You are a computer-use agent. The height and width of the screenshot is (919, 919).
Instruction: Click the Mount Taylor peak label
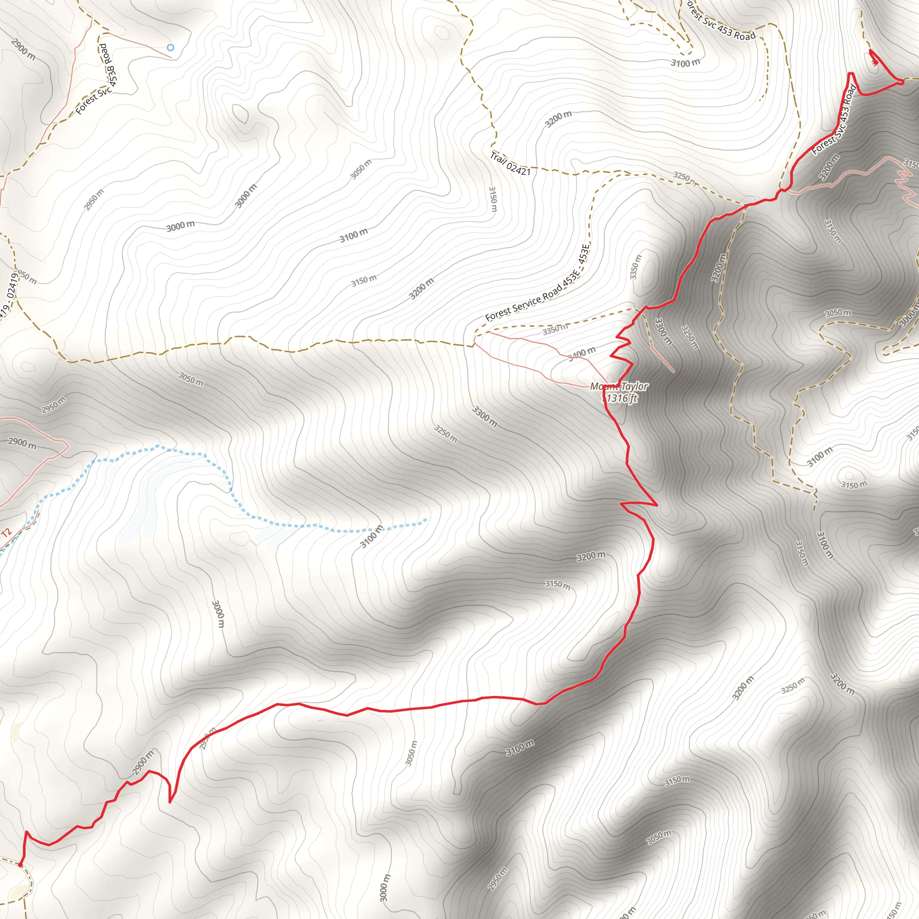coord(618,386)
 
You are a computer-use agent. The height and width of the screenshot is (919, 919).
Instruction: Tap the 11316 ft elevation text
coord(619,398)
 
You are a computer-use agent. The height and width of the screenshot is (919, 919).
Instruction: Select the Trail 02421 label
coord(510,164)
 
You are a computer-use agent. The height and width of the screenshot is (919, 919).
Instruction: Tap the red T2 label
coord(6,533)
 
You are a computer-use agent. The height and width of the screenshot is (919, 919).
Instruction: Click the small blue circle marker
coord(170,48)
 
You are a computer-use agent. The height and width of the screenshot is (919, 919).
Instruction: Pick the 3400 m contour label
coord(582,354)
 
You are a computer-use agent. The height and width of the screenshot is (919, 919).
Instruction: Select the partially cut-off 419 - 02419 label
coord(9,295)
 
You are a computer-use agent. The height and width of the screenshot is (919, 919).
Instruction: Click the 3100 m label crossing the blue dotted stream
coord(371,536)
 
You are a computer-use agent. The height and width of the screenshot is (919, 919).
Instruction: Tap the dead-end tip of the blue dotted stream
coord(425,521)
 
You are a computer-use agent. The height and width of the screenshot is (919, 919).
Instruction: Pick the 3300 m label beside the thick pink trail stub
coord(663,332)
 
